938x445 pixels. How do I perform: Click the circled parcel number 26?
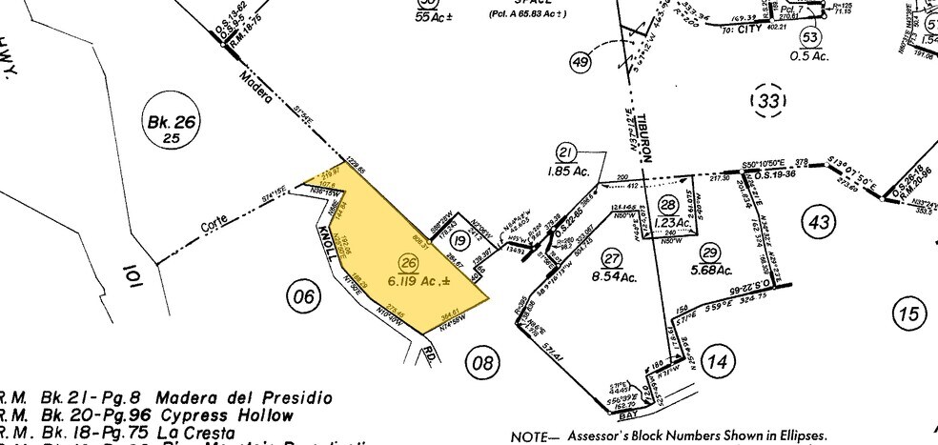tap(410, 263)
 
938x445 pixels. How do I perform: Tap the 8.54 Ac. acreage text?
tap(614, 277)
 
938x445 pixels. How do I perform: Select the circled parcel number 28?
tap(664, 202)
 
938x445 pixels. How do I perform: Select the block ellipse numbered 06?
tap(303, 297)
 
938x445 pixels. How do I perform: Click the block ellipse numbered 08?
tap(481, 359)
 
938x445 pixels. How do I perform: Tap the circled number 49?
tap(581, 63)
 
